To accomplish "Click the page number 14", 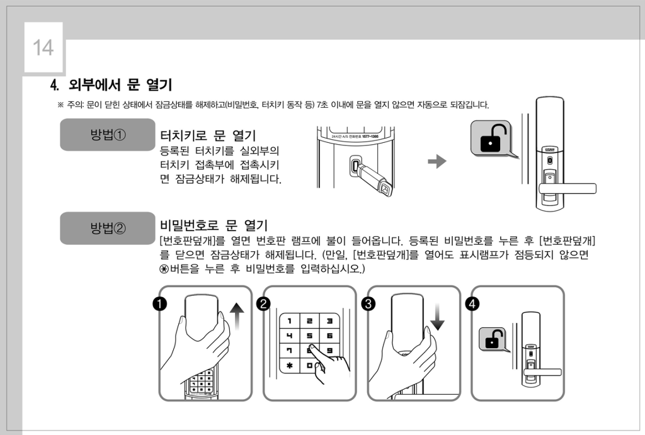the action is click(43, 48).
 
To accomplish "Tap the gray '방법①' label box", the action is click(108, 135).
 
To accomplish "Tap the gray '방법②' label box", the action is click(108, 228).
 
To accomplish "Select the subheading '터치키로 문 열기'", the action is click(208, 135).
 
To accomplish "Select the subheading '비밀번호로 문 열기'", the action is click(214, 225).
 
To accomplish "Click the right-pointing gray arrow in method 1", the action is click(437, 161).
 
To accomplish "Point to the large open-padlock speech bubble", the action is click(493, 138).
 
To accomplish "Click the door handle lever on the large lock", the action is click(568, 189).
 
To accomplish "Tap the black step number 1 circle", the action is click(159, 304).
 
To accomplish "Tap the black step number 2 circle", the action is click(264, 304).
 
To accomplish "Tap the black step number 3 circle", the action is click(368, 304).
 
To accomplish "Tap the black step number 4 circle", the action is click(472, 304).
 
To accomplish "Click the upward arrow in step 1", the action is click(237, 316).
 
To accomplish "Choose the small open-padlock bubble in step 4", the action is click(493, 339).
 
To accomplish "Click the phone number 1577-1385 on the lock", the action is click(370, 136).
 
